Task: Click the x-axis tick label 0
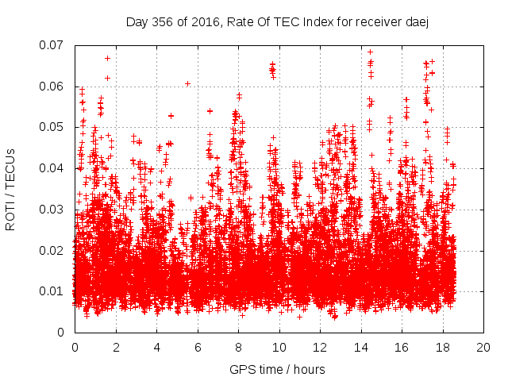click(x=75, y=347)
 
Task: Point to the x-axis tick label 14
click(x=361, y=347)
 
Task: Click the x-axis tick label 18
click(x=443, y=347)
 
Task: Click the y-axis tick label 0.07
click(x=52, y=44)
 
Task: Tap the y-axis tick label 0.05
click(x=52, y=127)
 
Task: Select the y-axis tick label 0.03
click(x=52, y=210)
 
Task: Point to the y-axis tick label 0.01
click(x=52, y=291)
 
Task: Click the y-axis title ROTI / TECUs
click(x=11, y=189)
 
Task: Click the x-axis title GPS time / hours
click(x=277, y=369)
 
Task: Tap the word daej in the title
click(x=417, y=22)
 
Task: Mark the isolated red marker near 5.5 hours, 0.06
click(x=187, y=83)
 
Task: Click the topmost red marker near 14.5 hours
click(x=370, y=52)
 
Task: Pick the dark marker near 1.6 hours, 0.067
click(x=107, y=58)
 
